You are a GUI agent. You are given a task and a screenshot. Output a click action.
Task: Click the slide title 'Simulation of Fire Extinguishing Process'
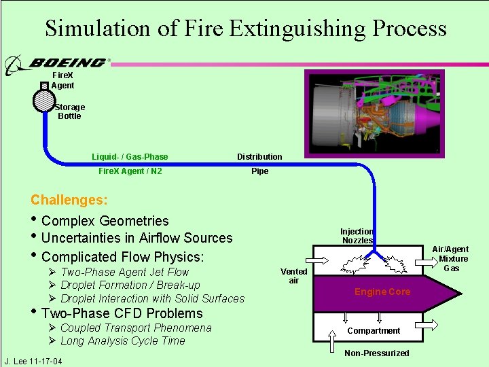pos(245,29)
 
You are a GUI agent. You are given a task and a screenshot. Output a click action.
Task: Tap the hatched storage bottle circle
pos(44,100)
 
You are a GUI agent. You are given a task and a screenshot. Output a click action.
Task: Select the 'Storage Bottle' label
pos(69,111)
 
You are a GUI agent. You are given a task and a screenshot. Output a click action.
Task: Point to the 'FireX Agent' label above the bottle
pos(62,81)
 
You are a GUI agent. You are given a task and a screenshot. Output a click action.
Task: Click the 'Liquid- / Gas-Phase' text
pos(130,157)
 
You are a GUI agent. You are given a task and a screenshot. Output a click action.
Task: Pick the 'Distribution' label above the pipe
pos(259,157)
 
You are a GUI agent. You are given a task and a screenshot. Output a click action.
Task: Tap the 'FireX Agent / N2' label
pos(130,171)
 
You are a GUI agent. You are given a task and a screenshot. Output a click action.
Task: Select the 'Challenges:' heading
pos(69,200)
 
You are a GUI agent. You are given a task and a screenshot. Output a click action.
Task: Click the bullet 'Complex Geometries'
pos(105,221)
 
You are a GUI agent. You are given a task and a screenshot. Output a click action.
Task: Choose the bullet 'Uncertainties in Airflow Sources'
pos(137,238)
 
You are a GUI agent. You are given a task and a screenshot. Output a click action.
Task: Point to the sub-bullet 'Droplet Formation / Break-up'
pos(130,285)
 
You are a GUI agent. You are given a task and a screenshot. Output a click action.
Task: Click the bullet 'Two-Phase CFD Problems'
pos(122,313)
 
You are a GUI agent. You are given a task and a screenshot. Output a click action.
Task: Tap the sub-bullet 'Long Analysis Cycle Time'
pos(122,341)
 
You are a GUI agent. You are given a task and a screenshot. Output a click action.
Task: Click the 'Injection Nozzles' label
pos(357,236)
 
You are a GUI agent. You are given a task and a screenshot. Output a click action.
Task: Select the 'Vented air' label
pos(294,276)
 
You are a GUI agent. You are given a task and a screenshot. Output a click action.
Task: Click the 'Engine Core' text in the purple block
pos(382,292)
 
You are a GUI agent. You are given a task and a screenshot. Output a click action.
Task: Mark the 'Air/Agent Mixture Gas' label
pos(452,258)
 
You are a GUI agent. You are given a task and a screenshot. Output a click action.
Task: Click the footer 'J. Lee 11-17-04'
pos(33,361)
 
